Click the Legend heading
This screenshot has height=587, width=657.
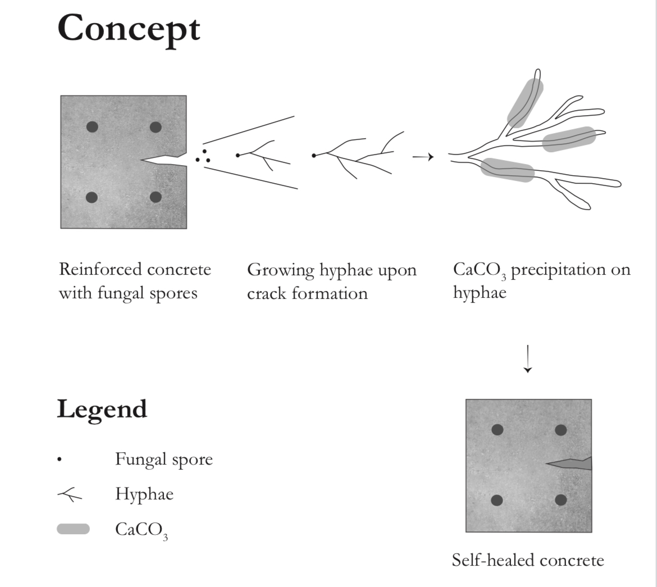(102, 409)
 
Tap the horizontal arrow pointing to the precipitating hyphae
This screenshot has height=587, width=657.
(423, 157)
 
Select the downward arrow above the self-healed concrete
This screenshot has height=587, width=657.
(527, 359)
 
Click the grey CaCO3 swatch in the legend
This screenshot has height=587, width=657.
(73, 529)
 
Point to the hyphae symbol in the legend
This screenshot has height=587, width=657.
(70, 495)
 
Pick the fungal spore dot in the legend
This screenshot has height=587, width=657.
(59, 461)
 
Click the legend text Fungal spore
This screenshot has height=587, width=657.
(164, 459)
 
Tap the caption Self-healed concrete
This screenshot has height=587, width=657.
(528, 560)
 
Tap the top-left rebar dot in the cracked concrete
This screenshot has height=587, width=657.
(93, 127)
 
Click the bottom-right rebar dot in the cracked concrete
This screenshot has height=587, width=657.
(156, 197)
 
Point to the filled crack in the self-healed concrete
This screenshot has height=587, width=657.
(570, 463)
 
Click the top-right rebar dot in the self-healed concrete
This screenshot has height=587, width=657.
(560, 430)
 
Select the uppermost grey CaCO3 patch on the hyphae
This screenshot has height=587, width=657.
(526, 102)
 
